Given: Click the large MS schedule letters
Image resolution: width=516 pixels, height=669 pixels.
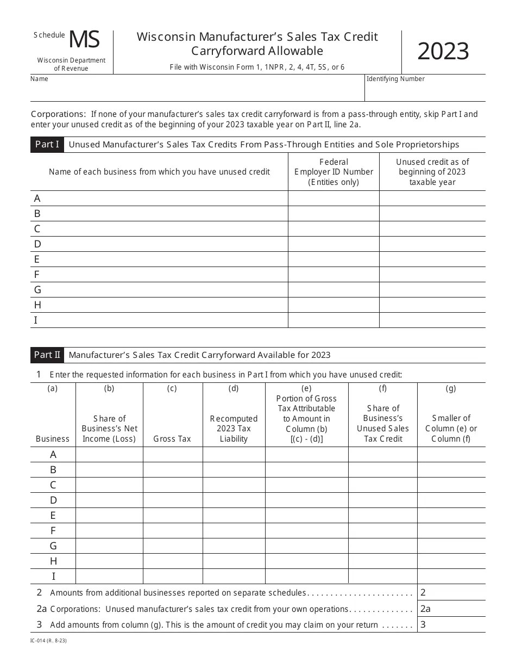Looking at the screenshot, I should tap(84, 40).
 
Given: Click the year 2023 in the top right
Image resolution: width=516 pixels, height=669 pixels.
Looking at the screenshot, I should tap(443, 52).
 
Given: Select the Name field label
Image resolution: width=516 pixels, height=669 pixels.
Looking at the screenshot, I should tap(39, 79).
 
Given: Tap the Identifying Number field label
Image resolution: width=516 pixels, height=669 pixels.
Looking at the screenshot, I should tap(395, 79).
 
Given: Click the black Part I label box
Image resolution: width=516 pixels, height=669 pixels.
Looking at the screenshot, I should tap(47, 145).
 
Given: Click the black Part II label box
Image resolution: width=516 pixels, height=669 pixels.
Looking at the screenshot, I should tap(47, 355).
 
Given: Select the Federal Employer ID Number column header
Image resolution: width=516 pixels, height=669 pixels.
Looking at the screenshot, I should tap(333, 172).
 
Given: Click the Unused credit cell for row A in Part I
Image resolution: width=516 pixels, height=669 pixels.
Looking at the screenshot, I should tap(432, 199).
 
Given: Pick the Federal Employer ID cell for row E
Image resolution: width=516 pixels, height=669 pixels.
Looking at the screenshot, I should tap(333, 259).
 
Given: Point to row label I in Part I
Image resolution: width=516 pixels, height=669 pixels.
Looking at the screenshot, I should tap(36, 320).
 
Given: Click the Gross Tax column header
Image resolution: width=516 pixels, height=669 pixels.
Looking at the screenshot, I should tap(172, 439).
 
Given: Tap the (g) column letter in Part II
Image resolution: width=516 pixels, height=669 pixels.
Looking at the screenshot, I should tap(451, 388).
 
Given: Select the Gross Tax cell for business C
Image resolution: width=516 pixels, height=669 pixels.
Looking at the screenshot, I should tap(173, 485).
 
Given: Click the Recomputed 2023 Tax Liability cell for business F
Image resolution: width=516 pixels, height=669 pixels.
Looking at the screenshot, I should tap(234, 531).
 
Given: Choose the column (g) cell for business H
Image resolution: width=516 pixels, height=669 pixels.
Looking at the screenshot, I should tap(451, 561).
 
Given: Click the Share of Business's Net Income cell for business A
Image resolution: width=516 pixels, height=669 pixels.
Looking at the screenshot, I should tap(109, 455).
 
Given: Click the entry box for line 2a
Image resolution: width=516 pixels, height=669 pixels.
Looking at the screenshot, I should tap(451, 609).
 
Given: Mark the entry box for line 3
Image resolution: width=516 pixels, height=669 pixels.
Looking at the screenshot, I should tap(451, 624).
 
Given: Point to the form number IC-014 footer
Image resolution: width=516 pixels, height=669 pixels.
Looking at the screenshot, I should tap(48, 641).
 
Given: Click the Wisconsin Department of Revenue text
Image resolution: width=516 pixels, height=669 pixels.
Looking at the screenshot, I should tap(71, 64).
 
